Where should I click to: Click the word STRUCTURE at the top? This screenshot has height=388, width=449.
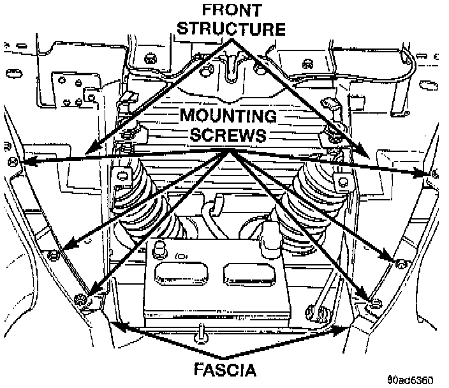(232, 29)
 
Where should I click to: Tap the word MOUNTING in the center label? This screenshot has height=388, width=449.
(228, 116)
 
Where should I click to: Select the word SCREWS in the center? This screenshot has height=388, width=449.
(228, 135)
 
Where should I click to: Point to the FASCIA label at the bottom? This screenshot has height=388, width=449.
(225, 369)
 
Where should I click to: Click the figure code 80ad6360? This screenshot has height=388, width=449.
(410, 380)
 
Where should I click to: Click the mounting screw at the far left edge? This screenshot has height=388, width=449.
(13, 162)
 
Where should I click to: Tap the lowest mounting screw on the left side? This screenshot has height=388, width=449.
(80, 300)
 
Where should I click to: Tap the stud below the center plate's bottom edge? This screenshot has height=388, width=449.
(202, 334)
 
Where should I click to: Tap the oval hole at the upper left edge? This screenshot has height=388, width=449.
(14, 73)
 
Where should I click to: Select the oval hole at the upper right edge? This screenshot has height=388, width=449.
(428, 85)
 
